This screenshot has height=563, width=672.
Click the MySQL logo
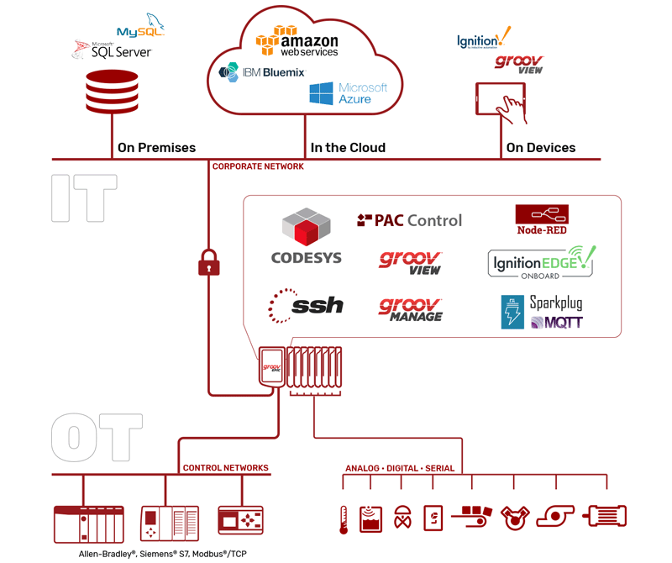tap(140, 27)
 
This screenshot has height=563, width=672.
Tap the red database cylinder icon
tap(112, 92)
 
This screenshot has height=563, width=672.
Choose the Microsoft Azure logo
tap(348, 92)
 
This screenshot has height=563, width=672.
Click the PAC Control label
tap(410, 220)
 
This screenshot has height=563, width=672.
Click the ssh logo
tap(306, 304)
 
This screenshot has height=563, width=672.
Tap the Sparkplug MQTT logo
tap(542, 312)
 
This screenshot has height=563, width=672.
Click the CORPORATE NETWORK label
tap(258, 166)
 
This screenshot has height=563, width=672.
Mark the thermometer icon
tap(344, 519)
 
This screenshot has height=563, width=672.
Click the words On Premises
tap(156, 148)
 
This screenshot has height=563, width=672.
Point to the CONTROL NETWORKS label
tap(225, 468)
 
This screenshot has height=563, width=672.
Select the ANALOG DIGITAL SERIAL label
tap(400, 468)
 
